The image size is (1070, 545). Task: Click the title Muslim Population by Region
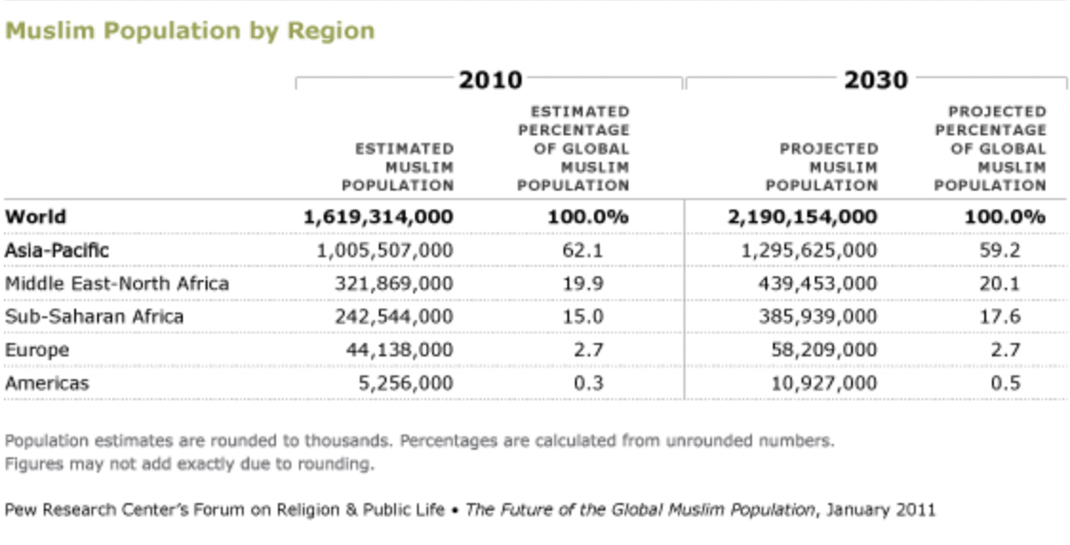tap(190, 30)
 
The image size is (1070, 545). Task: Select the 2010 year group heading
tap(490, 80)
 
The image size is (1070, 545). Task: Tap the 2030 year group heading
tap(876, 80)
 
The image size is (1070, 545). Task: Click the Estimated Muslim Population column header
tap(399, 167)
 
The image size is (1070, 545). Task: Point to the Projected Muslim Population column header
tap(822, 167)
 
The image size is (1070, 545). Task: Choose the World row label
tap(36, 216)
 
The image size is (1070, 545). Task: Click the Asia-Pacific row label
tap(57, 250)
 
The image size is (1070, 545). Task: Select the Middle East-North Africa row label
tap(117, 283)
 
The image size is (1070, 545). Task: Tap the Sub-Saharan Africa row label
tap(94, 316)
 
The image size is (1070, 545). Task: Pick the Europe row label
tap(37, 350)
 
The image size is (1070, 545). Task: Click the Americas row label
tap(47, 383)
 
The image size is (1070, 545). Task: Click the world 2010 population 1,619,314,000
tap(378, 216)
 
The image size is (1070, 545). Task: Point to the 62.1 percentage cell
tap(587, 250)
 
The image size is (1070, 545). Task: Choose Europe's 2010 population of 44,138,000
tap(399, 350)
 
